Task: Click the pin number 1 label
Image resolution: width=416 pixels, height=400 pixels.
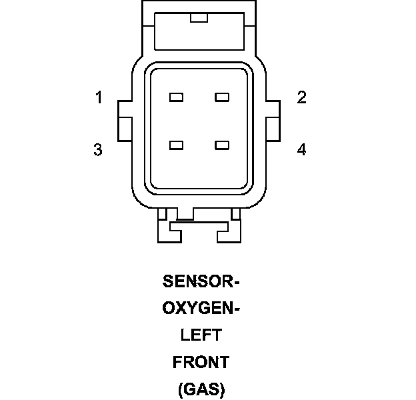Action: click(x=99, y=98)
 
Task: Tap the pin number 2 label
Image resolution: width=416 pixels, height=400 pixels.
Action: click(x=301, y=98)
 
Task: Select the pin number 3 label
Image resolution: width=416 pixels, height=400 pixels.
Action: click(x=98, y=150)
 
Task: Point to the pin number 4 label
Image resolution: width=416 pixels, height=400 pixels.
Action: click(x=301, y=150)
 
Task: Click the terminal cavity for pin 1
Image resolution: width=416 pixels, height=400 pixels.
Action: click(x=176, y=97)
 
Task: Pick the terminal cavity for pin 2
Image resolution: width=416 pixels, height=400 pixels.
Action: click(x=222, y=97)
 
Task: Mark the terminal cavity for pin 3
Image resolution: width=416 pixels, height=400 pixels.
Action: click(x=176, y=145)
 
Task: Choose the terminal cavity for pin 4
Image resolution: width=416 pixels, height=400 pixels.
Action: click(x=222, y=145)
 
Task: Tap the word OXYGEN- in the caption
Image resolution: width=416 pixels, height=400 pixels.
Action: click(x=201, y=309)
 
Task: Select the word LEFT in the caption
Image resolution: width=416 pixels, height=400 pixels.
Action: click(x=201, y=335)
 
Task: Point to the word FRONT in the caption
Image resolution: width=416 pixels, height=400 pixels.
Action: click(x=201, y=362)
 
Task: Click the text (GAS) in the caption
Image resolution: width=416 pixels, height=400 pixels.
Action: click(x=201, y=389)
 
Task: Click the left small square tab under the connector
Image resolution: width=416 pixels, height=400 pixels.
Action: click(x=163, y=213)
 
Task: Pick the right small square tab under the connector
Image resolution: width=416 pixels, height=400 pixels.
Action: click(x=235, y=213)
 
